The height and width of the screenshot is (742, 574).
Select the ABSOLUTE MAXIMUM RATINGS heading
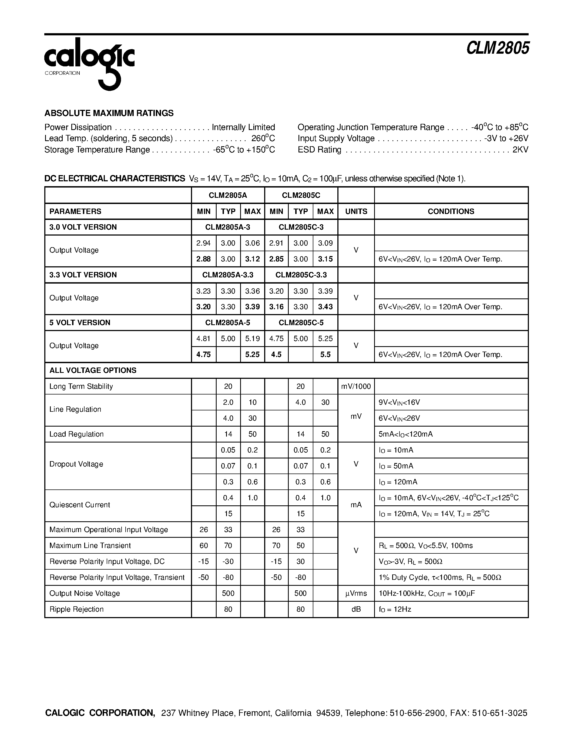(109, 113)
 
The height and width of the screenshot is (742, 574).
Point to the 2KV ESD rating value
(520, 150)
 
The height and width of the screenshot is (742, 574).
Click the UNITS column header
(356, 211)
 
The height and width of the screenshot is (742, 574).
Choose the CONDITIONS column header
(451, 211)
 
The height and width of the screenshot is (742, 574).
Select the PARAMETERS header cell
(75, 211)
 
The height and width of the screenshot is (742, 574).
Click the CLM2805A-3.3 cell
(227, 275)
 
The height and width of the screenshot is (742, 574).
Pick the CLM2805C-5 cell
(301, 322)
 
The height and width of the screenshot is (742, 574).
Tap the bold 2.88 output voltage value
(203, 259)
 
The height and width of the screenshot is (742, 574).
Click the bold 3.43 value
(325, 307)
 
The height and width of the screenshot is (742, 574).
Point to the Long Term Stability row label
(81, 386)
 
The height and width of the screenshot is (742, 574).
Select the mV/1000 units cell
(356, 386)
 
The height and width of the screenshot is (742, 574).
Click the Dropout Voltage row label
(76, 464)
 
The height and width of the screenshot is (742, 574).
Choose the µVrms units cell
(356, 593)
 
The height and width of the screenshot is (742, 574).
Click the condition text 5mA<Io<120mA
(406, 434)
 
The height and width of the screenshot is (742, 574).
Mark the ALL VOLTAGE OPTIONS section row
(93, 370)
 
